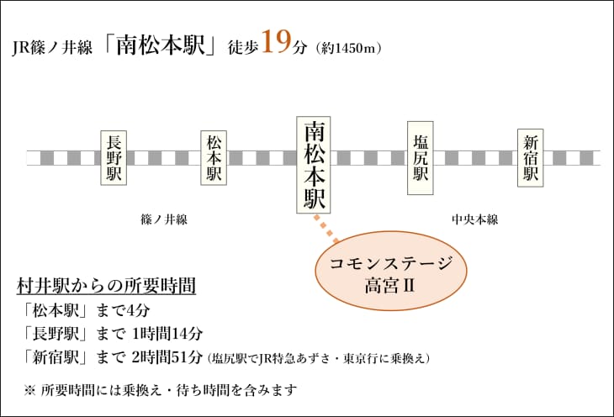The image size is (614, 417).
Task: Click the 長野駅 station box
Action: [x=114, y=157]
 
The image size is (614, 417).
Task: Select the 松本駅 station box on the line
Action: [x=214, y=157]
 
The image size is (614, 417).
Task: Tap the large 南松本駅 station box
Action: [x=313, y=165]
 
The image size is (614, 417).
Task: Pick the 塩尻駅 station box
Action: [x=421, y=158]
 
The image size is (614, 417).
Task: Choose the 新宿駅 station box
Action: [x=530, y=158]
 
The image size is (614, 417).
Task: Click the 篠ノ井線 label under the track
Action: [x=164, y=219]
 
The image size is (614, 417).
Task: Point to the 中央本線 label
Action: [x=475, y=219]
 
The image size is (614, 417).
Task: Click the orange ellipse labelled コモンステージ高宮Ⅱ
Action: [x=391, y=271]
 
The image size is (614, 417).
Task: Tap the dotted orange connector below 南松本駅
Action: [x=326, y=230]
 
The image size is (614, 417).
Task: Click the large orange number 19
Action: [x=277, y=41]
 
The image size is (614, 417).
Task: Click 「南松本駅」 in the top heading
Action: [x=161, y=45]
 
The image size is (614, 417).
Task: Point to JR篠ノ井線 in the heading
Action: [x=52, y=48]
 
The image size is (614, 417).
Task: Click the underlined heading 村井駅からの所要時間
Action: [x=106, y=286]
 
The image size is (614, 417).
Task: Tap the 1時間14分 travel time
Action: [x=167, y=334]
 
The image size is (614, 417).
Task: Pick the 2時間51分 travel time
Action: [x=167, y=357]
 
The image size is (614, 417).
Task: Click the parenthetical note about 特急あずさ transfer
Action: [x=319, y=358]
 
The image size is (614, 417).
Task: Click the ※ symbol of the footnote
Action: [x=29, y=390]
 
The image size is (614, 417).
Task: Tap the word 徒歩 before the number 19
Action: [x=243, y=47]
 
